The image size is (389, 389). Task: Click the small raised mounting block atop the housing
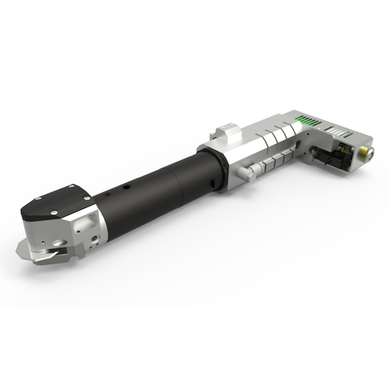pyautogui.click(x=228, y=132)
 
